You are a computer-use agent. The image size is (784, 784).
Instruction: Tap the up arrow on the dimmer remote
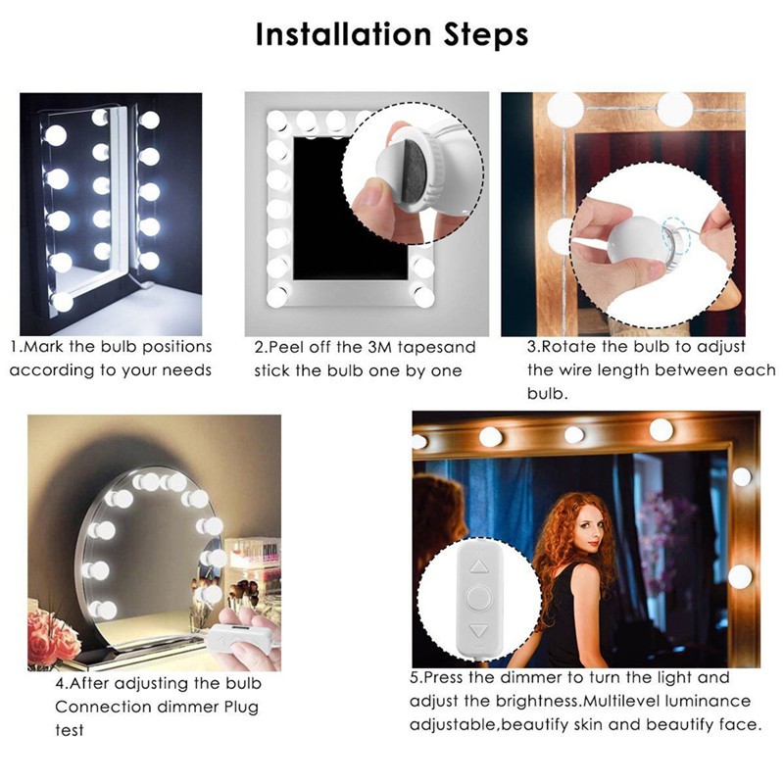[x=479, y=566]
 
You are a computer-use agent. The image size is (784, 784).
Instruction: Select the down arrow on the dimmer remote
[x=479, y=632]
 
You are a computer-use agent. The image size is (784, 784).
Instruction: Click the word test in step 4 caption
[x=70, y=731]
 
